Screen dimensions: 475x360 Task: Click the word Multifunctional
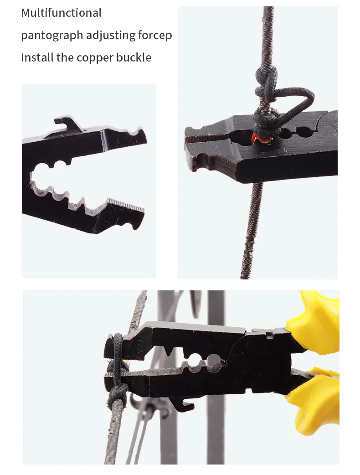point(62,13)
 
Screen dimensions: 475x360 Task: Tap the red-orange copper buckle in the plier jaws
point(261,136)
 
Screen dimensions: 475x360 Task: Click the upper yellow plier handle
point(314,319)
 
